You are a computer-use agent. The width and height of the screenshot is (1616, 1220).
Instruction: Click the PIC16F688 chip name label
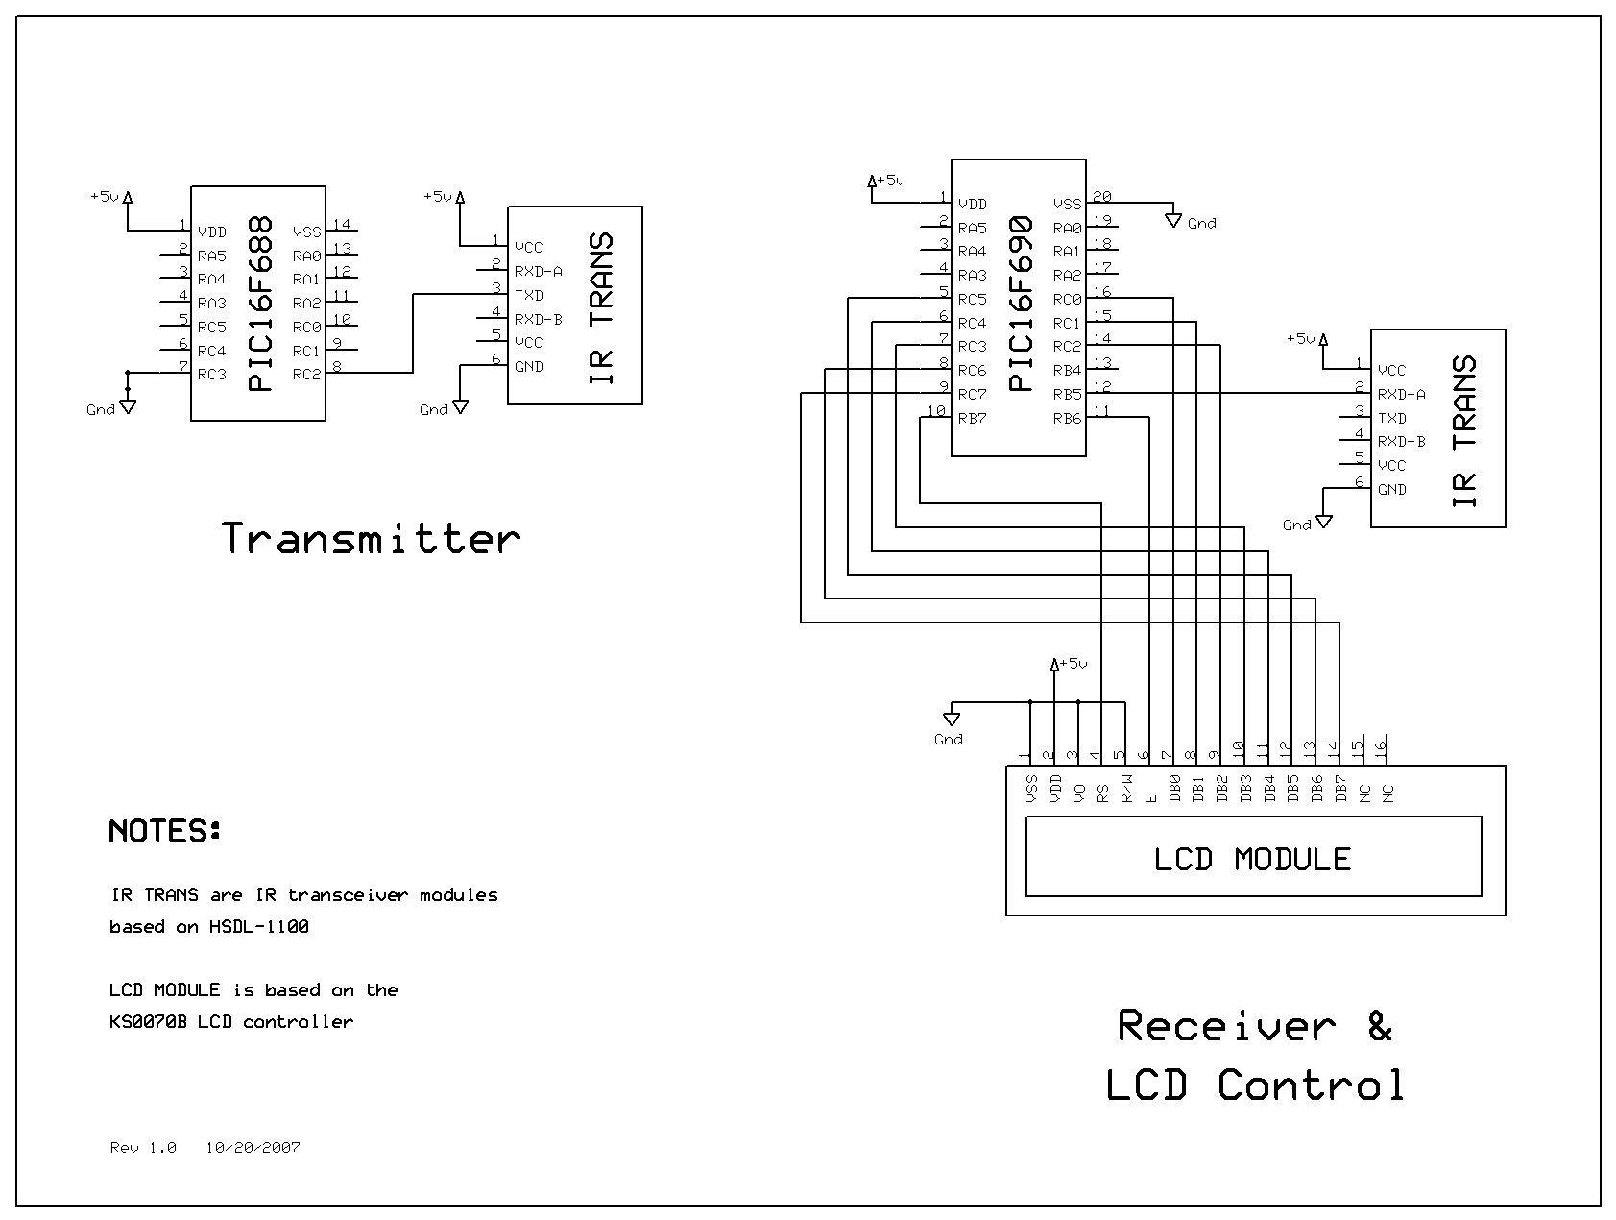tap(260, 304)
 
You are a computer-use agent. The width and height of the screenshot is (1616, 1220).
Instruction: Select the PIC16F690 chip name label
tap(1021, 304)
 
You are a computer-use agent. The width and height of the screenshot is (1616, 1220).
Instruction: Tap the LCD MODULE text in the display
tap(1252, 859)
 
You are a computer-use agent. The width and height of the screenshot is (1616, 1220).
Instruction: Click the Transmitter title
tap(371, 539)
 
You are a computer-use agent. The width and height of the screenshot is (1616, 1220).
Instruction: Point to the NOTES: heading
tap(165, 831)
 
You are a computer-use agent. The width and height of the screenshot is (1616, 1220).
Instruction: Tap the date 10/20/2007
tap(253, 1148)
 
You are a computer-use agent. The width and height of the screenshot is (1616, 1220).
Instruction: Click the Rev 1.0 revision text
tap(143, 1148)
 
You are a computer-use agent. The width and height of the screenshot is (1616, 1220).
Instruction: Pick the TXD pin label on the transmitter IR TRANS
tap(529, 295)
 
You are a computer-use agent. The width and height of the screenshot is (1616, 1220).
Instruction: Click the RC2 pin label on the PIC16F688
tap(306, 375)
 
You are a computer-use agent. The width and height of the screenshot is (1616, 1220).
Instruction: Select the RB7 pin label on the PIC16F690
tap(972, 418)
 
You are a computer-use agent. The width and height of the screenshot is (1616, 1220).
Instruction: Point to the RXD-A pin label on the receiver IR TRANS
tap(1401, 394)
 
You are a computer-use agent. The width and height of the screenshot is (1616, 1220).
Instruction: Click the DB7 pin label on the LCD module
tap(1340, 789)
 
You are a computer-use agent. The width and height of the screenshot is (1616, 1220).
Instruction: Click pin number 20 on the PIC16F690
tap(1102, 196)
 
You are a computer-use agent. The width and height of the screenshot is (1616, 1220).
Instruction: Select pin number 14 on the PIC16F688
tap(342, 225)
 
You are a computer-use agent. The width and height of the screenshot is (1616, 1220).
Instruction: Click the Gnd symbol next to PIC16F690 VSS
tap(1173, 221)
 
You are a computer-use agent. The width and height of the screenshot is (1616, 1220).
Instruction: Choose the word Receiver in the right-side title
tap(1226, 1026)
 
